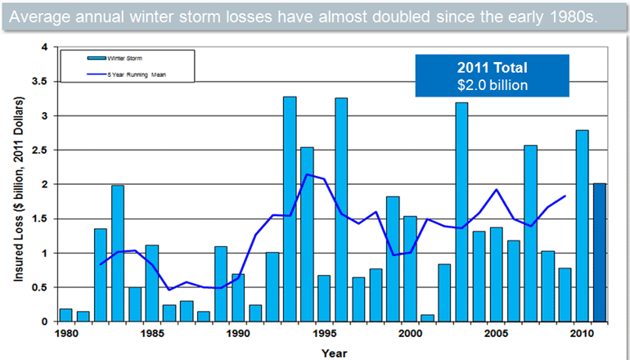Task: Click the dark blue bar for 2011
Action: [x=600, y=253]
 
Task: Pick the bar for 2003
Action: [x=461, y=212]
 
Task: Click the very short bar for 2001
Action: [x=427, y=317]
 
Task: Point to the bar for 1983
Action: [x=118, y=253]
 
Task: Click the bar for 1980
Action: [x=66, y=315]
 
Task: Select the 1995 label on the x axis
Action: [x=323, y=333]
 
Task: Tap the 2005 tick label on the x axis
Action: [x=495, y=333]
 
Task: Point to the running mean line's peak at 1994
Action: [x=307, y=174]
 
